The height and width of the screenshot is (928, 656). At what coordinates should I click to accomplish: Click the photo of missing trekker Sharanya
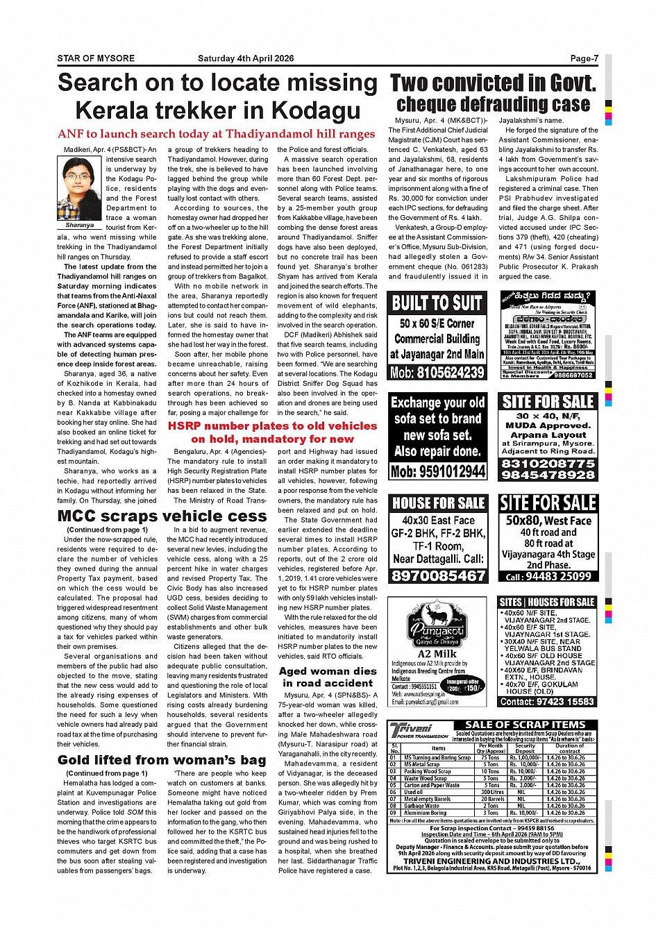(x=80, y=187)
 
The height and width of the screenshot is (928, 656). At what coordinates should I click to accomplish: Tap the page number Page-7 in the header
(x=584, y=59)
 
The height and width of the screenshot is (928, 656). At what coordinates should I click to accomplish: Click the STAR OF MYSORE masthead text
(x=96, y=59)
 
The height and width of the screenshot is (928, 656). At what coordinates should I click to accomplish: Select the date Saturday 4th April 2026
(x=246, y=59)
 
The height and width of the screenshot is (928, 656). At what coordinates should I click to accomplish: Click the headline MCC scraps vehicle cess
(x=162, y=516)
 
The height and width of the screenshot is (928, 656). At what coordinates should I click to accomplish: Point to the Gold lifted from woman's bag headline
(x=162, y=760)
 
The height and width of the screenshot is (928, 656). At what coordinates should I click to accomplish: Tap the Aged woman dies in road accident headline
(x=328, y=677)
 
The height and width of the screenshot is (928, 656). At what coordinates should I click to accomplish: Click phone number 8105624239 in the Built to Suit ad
(x=437, y=373)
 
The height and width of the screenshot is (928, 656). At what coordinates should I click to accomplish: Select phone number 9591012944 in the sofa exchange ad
(x=437, y=472)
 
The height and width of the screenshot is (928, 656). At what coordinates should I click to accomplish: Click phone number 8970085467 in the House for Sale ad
(x=437, y=576)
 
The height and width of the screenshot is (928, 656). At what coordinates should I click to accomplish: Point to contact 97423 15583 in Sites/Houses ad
(x=548, y=702)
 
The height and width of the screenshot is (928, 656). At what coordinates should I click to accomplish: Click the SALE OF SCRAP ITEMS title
(x=525, y=725)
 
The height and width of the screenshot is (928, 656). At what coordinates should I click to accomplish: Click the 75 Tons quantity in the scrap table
(x=491, y=757)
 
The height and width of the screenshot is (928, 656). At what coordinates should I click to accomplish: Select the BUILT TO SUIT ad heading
(x=437, y=303)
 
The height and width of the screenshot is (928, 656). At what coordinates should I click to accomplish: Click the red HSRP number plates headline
(x=272, y=432)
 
